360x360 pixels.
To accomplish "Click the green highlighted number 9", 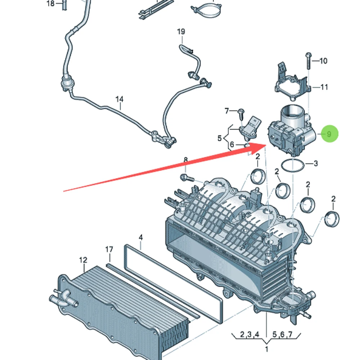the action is coord(329,134).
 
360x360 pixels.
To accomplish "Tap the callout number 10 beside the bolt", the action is coord(323,61).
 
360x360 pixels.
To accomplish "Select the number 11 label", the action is coord(324,87).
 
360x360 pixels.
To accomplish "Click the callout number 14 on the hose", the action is coord(120,99).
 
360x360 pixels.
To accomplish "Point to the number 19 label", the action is coord(181,31).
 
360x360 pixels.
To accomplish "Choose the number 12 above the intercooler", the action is coord(83,260).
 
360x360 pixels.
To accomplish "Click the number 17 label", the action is coord(109,249).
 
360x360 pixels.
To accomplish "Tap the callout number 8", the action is coord(186,160).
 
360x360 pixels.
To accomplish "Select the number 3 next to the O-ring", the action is coord(316,163).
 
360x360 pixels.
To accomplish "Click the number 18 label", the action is coord(50,4).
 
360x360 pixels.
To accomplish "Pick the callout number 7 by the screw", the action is coord(227,111).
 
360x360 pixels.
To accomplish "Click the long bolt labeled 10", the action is coord(309,61).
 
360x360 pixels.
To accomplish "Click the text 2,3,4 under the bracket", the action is coord(249,334).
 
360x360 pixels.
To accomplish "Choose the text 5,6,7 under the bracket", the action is coord(282,334).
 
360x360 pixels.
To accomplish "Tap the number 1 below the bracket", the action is coord(266,349).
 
